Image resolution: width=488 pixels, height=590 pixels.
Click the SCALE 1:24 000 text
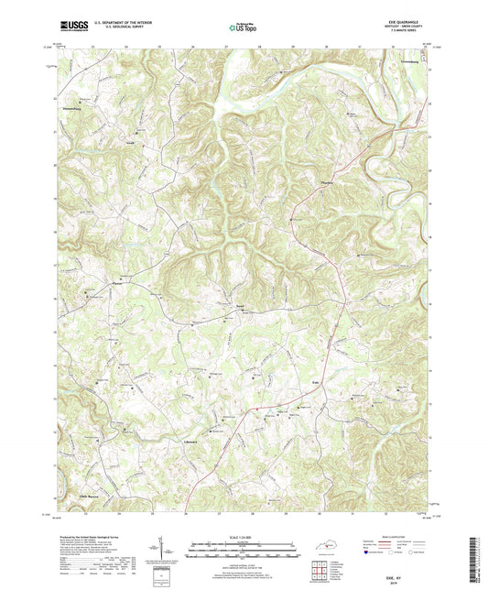[243, 536]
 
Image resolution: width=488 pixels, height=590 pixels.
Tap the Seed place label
[240, 309]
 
